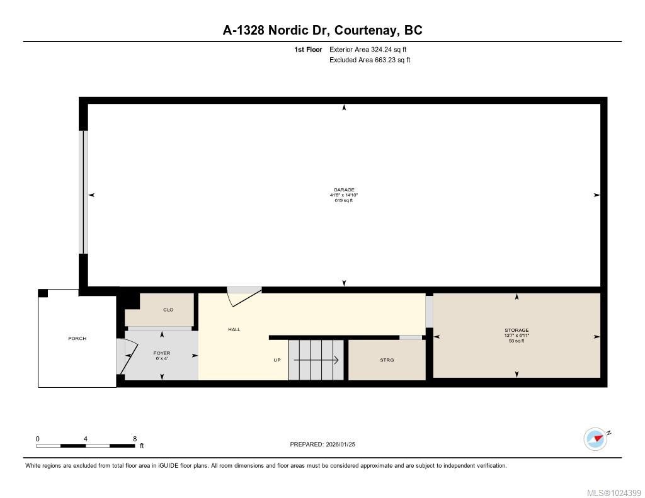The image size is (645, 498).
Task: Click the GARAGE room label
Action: [344, 190]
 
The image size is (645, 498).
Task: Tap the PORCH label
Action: [77, 339]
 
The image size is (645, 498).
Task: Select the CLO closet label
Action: [168, 310]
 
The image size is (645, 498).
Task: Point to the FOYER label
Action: [162, 353]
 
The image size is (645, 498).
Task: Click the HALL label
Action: [234, 329]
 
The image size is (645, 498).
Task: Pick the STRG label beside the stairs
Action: [387, 360]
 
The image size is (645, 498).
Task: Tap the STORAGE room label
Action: [517, 330]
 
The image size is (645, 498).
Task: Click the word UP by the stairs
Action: [277, 360]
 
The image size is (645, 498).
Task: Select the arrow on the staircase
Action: [316, 360]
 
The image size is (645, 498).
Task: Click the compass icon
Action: [595, 438]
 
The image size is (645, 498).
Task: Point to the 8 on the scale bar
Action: [135, 438]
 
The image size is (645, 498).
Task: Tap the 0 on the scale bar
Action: [38, 438]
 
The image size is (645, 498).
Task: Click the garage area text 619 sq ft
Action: [344, 201]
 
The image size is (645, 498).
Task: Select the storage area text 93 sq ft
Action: [517, 341]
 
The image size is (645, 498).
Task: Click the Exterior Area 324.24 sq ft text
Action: [372, 49]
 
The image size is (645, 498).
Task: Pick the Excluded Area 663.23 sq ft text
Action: [370, 60]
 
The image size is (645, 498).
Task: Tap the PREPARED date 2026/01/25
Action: [344, 444]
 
